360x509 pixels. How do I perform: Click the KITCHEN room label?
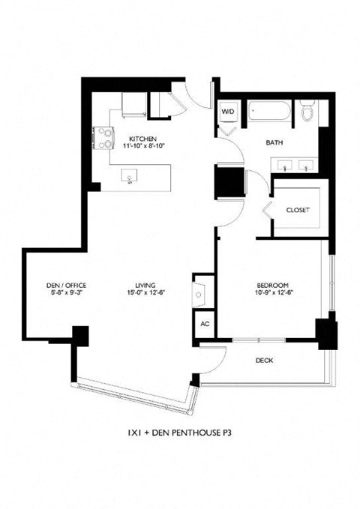pyautogui.click(x=142, y=139)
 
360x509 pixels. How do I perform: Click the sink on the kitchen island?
pyautogui.click(x=130, y=178)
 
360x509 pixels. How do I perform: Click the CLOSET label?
pyautogui.click(x=298, y=210)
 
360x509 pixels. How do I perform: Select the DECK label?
pyautogui.click(x=264, y=361)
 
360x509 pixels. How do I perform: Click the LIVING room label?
pyautogui.click(x=145, y=285)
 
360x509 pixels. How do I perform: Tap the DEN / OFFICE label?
pyautogui.click(x=46, y=285)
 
